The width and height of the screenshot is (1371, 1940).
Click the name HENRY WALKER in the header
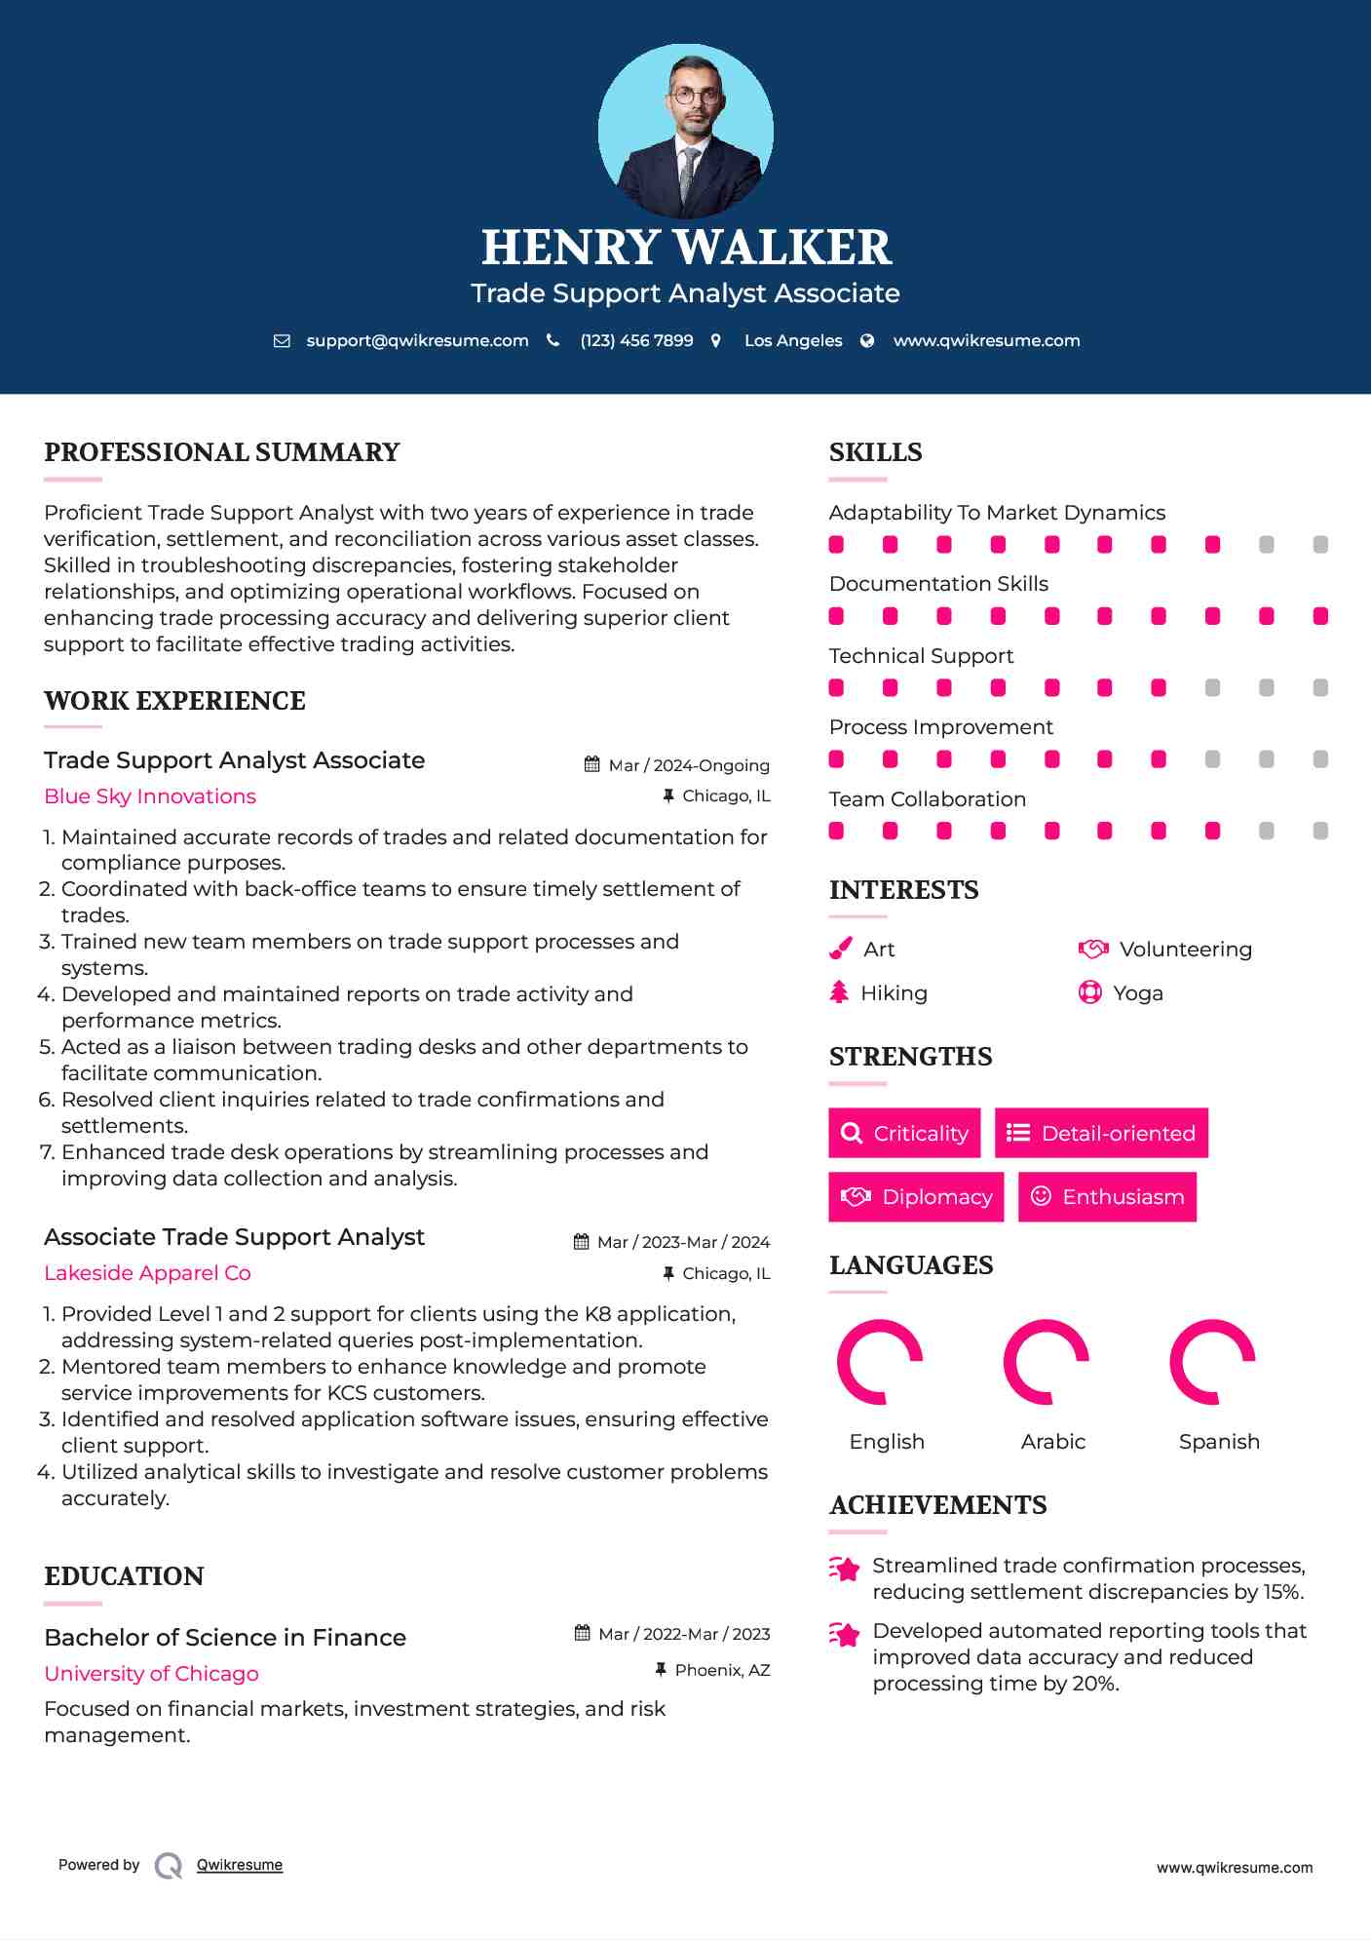(686, 247)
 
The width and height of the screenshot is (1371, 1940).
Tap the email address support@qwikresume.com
(417, 341)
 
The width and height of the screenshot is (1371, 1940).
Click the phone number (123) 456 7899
(636, 341)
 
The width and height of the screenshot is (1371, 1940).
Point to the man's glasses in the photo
(696, 97)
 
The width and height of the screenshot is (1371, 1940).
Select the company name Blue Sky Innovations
(150, 796)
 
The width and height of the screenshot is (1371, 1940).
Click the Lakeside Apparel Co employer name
(147, 1273)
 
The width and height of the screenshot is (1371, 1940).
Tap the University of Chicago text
(151, 1674)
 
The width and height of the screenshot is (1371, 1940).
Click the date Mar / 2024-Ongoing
(688, 765)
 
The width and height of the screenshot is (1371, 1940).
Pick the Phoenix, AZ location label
(722, 1670)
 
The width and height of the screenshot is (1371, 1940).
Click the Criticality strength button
(904, 1133)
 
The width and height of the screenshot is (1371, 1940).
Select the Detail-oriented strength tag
(1101, 1133)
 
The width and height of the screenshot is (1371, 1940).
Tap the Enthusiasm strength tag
(1107, 1196)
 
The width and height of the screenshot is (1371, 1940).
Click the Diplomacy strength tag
(916, 1196)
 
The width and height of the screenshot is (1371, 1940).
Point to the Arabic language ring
(1046, 1362)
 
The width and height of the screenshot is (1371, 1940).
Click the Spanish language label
(1219, 1442)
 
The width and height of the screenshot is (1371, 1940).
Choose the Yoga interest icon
(1089, 992)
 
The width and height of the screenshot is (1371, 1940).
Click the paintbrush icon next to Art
(840, 949)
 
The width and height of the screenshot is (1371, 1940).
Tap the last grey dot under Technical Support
(1320, 688)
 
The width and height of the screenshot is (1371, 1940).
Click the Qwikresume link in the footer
(240, 1865)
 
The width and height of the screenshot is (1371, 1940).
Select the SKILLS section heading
(875, 452)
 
